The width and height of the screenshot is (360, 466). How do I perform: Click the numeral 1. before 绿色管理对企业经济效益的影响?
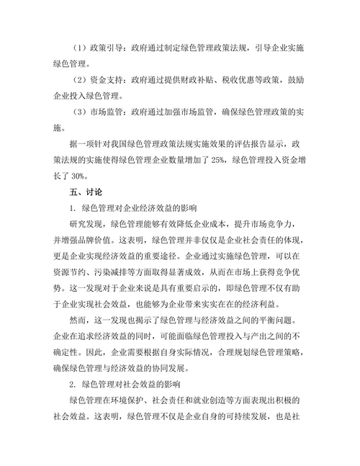73,208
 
